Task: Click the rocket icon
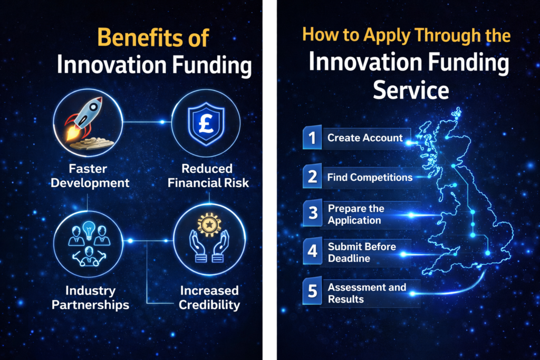tap(86, 121)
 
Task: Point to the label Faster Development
tap(87, 176)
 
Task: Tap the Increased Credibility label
tap(209, 297)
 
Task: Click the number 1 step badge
tap(312, 138)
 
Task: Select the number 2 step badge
tap(312, 177)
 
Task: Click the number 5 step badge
tap(312, 293)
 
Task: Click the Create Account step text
tap(365, 138)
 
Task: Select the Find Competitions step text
tap(370, 178)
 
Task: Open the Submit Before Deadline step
tap(361, 252)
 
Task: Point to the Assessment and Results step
tap(367, 293)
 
